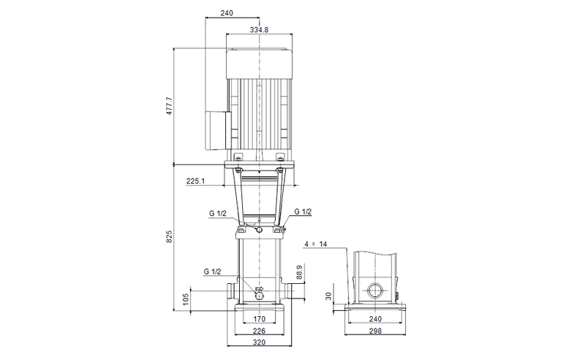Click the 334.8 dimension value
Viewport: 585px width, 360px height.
pyautogui.click(x=260, y=30)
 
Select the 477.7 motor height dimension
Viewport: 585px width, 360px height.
pyautogui.click(x=169, y=106)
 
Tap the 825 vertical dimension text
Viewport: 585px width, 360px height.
pyautogui.click(x=169, y=236)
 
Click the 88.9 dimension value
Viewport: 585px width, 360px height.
pyautogui.click(x=299, y=274)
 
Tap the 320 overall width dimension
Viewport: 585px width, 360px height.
pyautogui.click(x=260, y=341)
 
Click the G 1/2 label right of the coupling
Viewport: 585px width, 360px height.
pyautogui.click(x=303, y=212)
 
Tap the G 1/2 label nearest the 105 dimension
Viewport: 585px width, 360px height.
pyautogui.click(x=212, y=271)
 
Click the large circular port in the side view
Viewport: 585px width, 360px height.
pyautogui.click(x=377, y=290)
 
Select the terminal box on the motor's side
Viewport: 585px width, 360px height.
pyautogui.click(x=217, y=126)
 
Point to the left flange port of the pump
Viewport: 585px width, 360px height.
pyautogui.click(x=231, y=290)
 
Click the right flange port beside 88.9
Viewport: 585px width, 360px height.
pyautogui.click(x=288, y=290)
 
